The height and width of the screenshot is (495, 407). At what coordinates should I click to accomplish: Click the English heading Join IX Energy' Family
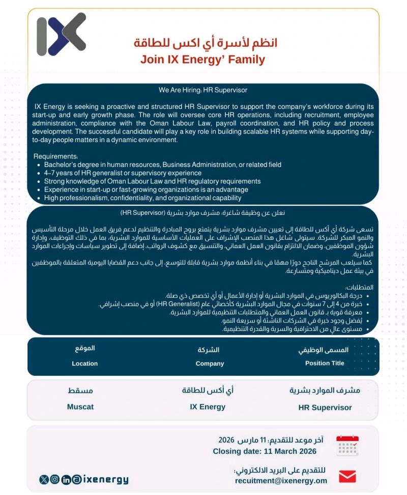click(202, 60)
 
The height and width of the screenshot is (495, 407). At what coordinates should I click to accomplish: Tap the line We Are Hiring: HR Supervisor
click(202, 90)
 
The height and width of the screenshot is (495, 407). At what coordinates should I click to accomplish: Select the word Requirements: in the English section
click(55, 156)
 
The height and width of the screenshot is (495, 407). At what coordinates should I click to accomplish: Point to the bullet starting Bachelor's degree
click(162, 164)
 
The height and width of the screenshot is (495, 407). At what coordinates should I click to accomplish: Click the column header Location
click(84, 364)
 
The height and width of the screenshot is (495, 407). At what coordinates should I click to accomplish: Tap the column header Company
click(210, 364)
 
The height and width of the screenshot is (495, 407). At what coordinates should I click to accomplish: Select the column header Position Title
click(325, 363)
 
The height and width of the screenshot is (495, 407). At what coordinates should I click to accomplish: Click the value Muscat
click(80, 407)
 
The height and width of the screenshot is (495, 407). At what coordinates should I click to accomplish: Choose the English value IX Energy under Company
click(208, 407)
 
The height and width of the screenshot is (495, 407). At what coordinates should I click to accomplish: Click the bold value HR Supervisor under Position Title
click(325, 407)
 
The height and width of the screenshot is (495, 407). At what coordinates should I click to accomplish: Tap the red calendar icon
click(347, 446)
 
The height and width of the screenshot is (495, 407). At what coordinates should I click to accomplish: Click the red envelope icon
click(347, 477)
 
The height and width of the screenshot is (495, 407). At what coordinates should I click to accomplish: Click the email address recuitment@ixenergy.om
click(281, 480)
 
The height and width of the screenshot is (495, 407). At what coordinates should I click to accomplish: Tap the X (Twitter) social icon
click(44, 480)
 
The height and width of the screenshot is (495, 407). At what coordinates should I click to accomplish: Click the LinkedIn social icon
click(66, 480)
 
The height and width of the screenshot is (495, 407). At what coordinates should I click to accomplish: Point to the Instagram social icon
click(55, 480)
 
